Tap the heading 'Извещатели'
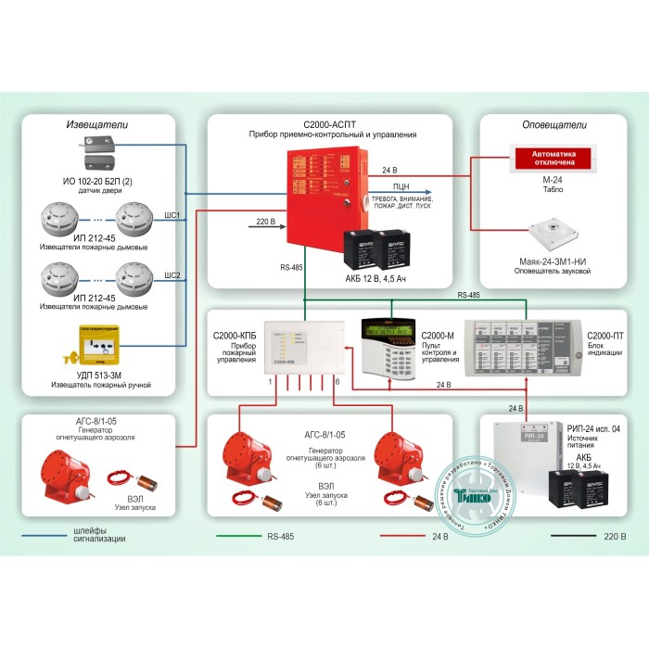(97, 123)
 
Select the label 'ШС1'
(172, 215)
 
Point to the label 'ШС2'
(172, 274)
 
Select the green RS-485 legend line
(237, 536)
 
